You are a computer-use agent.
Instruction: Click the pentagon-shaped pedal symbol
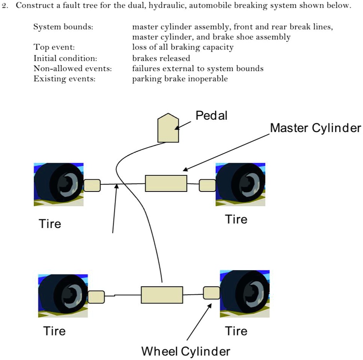tap(168, 128)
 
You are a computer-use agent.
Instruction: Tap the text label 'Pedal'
tap(211, 115)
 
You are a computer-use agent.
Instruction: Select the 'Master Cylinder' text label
tap(315, 128)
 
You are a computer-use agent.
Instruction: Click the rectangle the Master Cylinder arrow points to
tap(166, 183)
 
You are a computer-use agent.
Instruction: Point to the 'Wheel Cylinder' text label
tap(186, 351)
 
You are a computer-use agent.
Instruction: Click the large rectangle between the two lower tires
tap(162, 295)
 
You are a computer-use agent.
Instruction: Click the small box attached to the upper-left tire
tap(92, 185)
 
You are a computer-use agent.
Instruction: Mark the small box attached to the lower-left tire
tap(96, 297)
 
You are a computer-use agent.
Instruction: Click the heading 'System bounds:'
tap(63, 27)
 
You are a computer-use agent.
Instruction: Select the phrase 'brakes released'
tap(161, 58)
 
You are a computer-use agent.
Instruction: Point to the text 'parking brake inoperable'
tap(180, 79)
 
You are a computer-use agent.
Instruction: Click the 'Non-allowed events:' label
tap(73, 69)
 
